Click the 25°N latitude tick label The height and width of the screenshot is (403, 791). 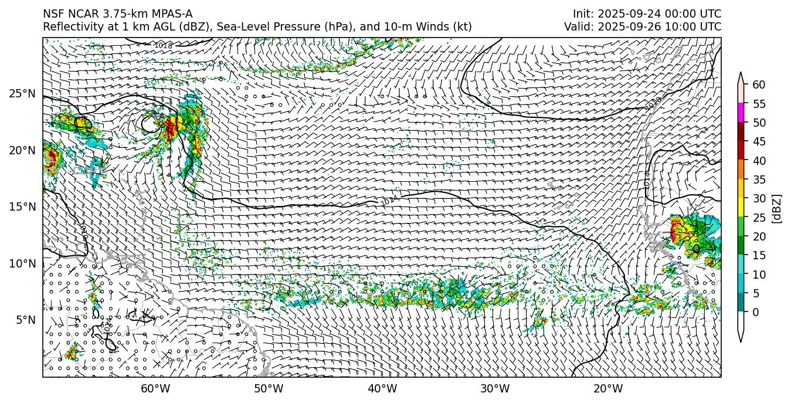point(22,93)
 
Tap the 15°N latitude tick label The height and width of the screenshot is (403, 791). point(22,206)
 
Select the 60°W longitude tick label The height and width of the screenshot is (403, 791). point(155,389)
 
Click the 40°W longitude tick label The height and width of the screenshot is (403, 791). point(382,389)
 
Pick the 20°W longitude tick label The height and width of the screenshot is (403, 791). point(608,389)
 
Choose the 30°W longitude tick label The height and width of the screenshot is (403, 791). point(495,389)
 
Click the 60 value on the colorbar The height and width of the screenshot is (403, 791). point(759,85)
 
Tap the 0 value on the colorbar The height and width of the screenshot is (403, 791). point(756,312)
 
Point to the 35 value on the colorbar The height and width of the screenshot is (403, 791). point(759,180)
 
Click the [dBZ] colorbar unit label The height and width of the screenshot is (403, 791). point(777,208)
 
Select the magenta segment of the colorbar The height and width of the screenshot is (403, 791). point(741,112)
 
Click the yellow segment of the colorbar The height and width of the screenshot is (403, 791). point(741,207)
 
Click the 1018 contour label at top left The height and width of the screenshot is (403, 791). point(163,45)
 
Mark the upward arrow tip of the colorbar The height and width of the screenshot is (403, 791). point(741,73)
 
